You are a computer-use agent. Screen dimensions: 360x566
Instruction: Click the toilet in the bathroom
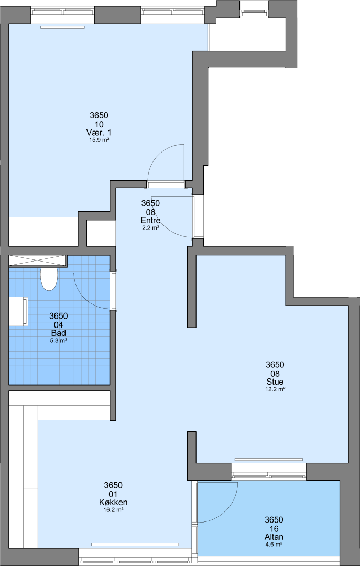coord(49,279)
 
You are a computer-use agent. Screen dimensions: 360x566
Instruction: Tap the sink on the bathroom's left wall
coord(18,311)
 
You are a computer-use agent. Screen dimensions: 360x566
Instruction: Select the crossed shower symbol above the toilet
coord(37,260)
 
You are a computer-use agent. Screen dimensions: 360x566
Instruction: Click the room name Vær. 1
coord(99,133)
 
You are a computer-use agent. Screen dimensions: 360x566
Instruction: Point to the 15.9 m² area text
coord(99,140)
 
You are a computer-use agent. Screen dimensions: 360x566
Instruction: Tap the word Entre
coord(151,220)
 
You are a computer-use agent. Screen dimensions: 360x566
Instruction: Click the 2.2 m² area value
coord(150,227)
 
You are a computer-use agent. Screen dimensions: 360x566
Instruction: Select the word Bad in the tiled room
coord(59,333)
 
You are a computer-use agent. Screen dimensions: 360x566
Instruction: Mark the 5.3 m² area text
coord(59,340)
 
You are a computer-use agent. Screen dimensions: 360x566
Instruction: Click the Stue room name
coord(275,382)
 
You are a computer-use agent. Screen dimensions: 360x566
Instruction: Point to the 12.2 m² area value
coord(275,389)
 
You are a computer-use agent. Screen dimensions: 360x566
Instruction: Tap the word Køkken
coord(113,503)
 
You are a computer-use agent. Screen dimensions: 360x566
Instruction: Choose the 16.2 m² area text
coord(113,510)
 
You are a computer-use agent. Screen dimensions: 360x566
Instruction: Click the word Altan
coord(274,538)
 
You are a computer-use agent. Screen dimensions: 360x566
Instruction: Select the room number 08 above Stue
coord(275,373)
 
